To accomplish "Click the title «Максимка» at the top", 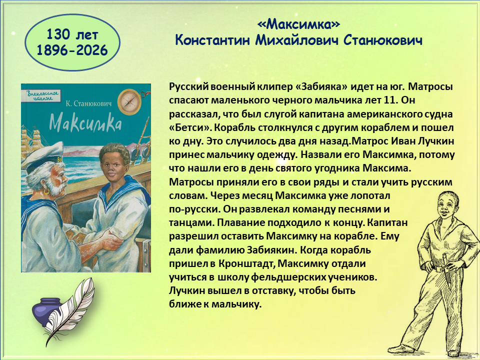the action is [298, 24].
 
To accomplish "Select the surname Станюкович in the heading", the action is [383, 40].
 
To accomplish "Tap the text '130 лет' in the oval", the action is [72, 34].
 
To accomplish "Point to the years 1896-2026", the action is [72, 50].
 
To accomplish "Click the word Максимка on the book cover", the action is [85, 123].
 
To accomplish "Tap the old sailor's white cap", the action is [43, 157].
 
